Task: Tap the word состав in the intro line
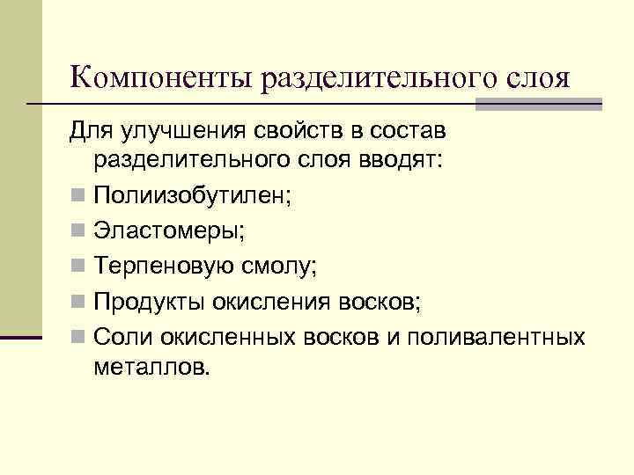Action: pos(411,132)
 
